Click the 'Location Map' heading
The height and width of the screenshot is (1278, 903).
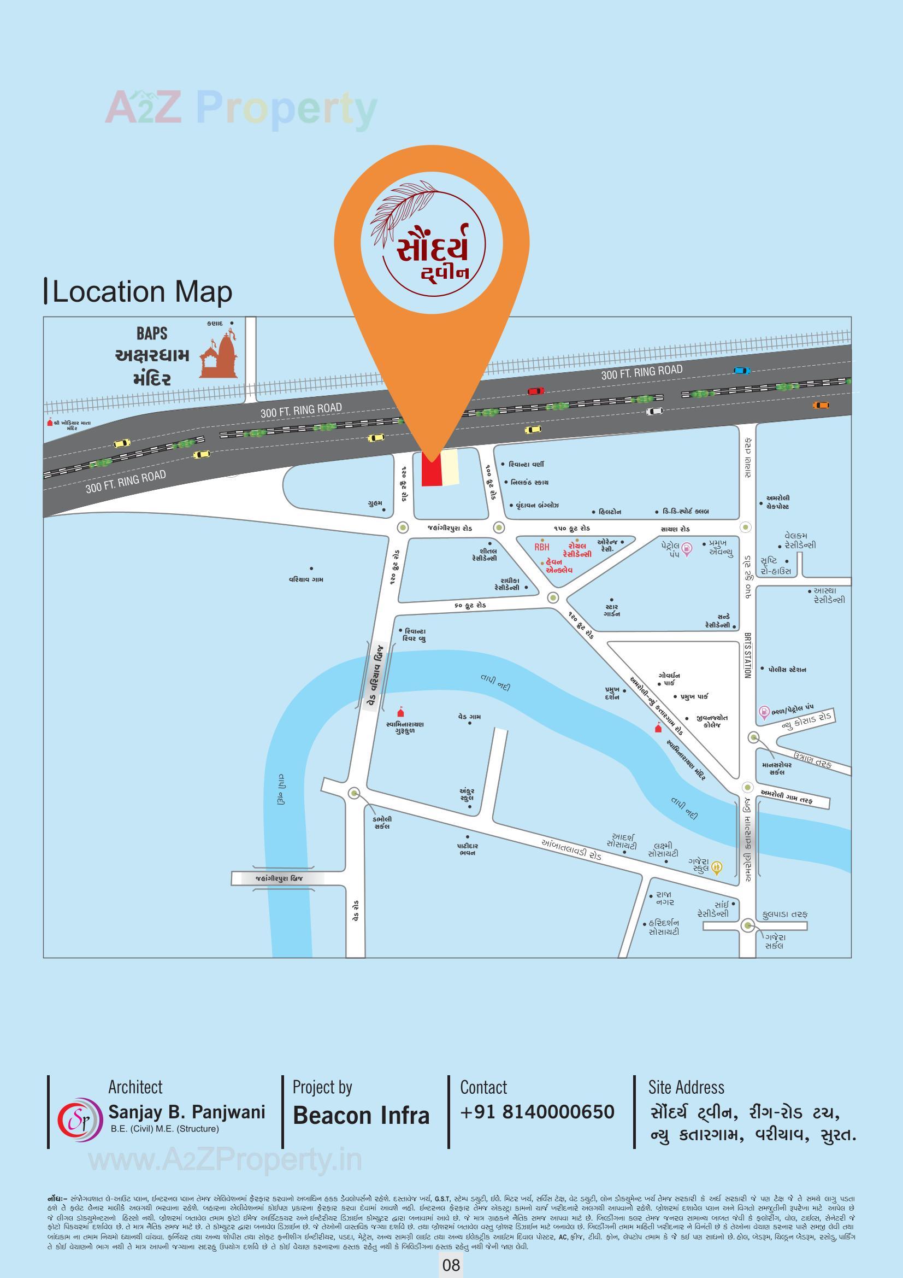click(x=142, y=292)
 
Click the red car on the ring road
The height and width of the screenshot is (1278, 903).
click(x=536, y=391)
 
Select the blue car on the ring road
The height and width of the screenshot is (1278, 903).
click(x=742, y=370)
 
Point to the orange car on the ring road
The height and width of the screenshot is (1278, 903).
click(x=821, y=404)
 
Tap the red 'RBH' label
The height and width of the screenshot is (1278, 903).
click(x=541, y=547)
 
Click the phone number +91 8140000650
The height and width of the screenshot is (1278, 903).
click(x=537, y=1112)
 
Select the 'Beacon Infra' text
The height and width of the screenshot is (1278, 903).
click(x=361, y=1116)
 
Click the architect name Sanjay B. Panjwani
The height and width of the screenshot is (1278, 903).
click(x=186, y=1112)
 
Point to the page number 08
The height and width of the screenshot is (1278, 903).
click(x=451, y=1265)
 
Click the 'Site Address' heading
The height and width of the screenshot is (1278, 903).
click(x=686, y=1087)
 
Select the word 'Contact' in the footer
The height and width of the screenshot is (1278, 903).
click(x=483, y=1087)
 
